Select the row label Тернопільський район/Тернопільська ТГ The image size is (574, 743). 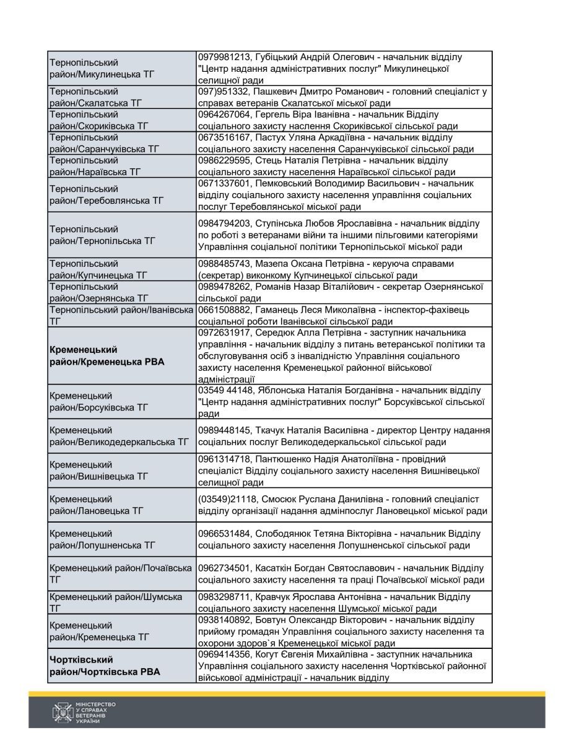coord(102,235)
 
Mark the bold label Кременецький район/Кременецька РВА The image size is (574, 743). coord(107,355)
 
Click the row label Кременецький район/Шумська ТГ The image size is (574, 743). coord(115,602)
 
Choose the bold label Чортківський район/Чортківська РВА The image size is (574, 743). coord(104,665)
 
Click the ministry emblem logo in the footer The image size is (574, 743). coord(63,713)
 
